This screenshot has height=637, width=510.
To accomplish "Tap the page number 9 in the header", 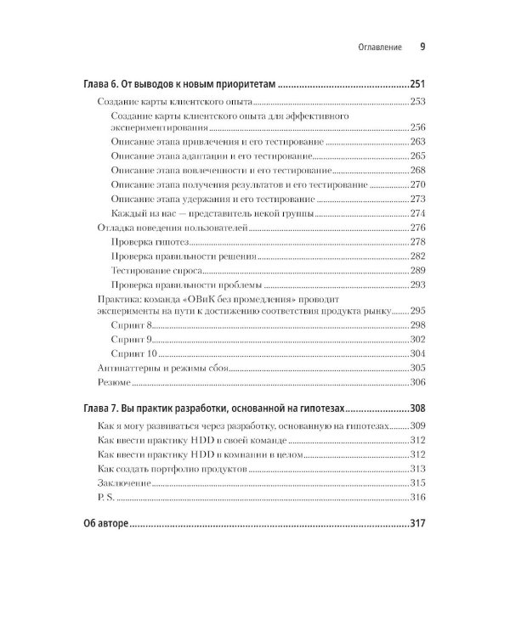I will point(422,48).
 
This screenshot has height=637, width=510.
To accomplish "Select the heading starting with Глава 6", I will point(181,85).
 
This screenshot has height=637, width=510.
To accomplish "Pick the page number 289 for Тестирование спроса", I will point(416,270).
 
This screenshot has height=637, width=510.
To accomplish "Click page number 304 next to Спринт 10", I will point(416,353).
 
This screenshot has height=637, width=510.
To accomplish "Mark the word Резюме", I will point(116,382).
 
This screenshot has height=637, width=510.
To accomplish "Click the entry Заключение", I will point(125,482).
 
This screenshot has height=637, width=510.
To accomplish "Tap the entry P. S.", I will point(108,497).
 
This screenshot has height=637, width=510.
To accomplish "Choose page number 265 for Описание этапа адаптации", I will point(416,156).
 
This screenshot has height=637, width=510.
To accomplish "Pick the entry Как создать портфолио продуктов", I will point(176,468).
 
